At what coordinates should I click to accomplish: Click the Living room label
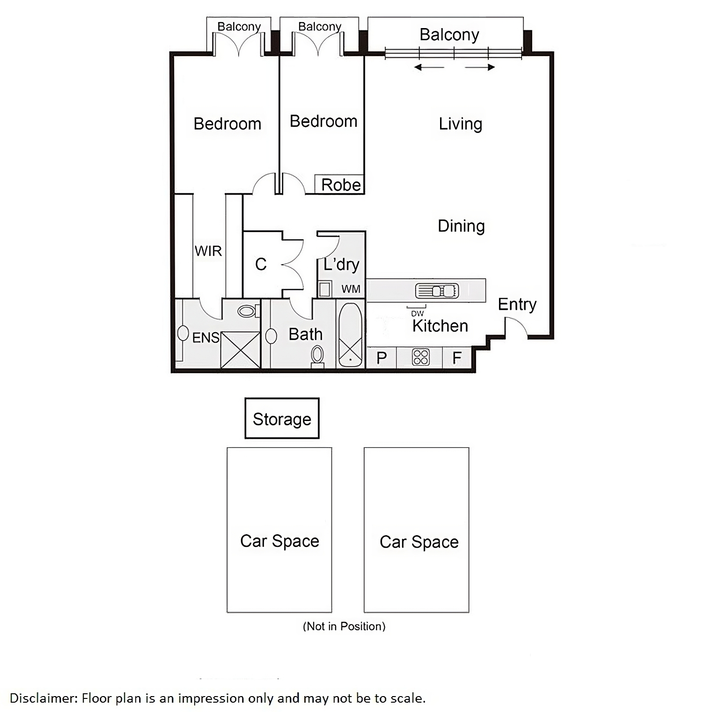(460, 124)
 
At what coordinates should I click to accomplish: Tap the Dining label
(461, 226)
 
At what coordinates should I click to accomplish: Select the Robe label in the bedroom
(341, 185)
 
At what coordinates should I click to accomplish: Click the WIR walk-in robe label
(208, 251)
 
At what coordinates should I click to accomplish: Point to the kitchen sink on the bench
(437, 291)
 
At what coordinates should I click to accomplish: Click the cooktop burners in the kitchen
(420, 357)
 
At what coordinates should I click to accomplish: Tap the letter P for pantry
(382, 358)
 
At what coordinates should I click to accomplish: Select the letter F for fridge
(457, 358)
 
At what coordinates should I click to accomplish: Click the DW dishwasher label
(418, 314)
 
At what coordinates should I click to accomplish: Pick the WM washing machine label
(351, 289)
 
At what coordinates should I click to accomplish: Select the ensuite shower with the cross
(240, 349)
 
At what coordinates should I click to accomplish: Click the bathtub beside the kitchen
(350, 335)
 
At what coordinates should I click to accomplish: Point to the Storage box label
(282, 420)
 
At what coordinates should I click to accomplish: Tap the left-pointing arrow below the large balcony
(429, 67)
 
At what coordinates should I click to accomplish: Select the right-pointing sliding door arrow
(480, 67)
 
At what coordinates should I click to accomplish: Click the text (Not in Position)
(344, 626)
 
